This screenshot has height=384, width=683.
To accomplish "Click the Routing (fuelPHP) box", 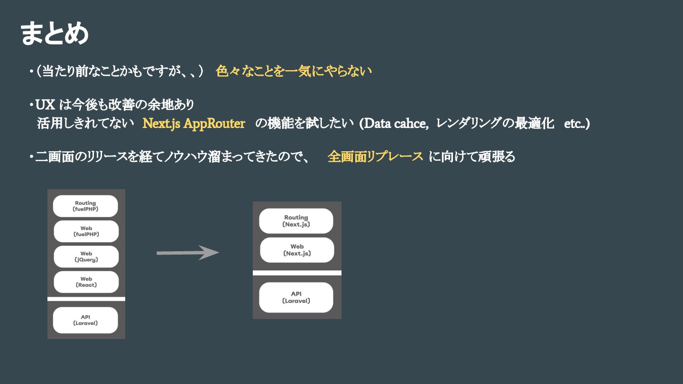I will tap(85, 206).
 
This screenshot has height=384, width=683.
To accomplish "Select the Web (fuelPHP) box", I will tap(86, 231).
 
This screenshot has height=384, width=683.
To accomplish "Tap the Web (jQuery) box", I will tap(86, 256).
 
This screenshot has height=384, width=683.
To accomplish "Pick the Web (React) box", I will tap(86, 282).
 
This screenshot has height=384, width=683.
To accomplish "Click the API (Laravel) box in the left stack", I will tap(85, 320).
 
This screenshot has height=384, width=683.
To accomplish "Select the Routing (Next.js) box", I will tap(296, 221).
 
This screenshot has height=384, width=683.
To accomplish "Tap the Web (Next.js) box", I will tap(297, 250).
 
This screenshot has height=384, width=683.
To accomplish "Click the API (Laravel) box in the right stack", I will tap(296, 297).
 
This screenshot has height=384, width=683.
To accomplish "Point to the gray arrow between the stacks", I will tap(187, 253).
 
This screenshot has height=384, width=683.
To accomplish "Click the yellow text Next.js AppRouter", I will tap(194, 124).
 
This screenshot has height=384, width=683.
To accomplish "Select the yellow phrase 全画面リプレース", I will tap(375, 157).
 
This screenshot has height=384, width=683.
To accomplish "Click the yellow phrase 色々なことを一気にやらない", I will tap(294, 72).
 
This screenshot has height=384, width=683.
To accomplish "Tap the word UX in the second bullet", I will tap(46, 104).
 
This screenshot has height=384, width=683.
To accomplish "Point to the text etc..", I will tap(575, 124).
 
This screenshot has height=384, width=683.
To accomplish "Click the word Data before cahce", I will tap(378, 124).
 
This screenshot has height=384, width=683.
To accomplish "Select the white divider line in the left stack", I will tap(86, 299).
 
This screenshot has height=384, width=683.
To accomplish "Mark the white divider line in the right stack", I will tap(297, 273).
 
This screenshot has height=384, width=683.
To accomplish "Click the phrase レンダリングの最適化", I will tap(495, 124).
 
